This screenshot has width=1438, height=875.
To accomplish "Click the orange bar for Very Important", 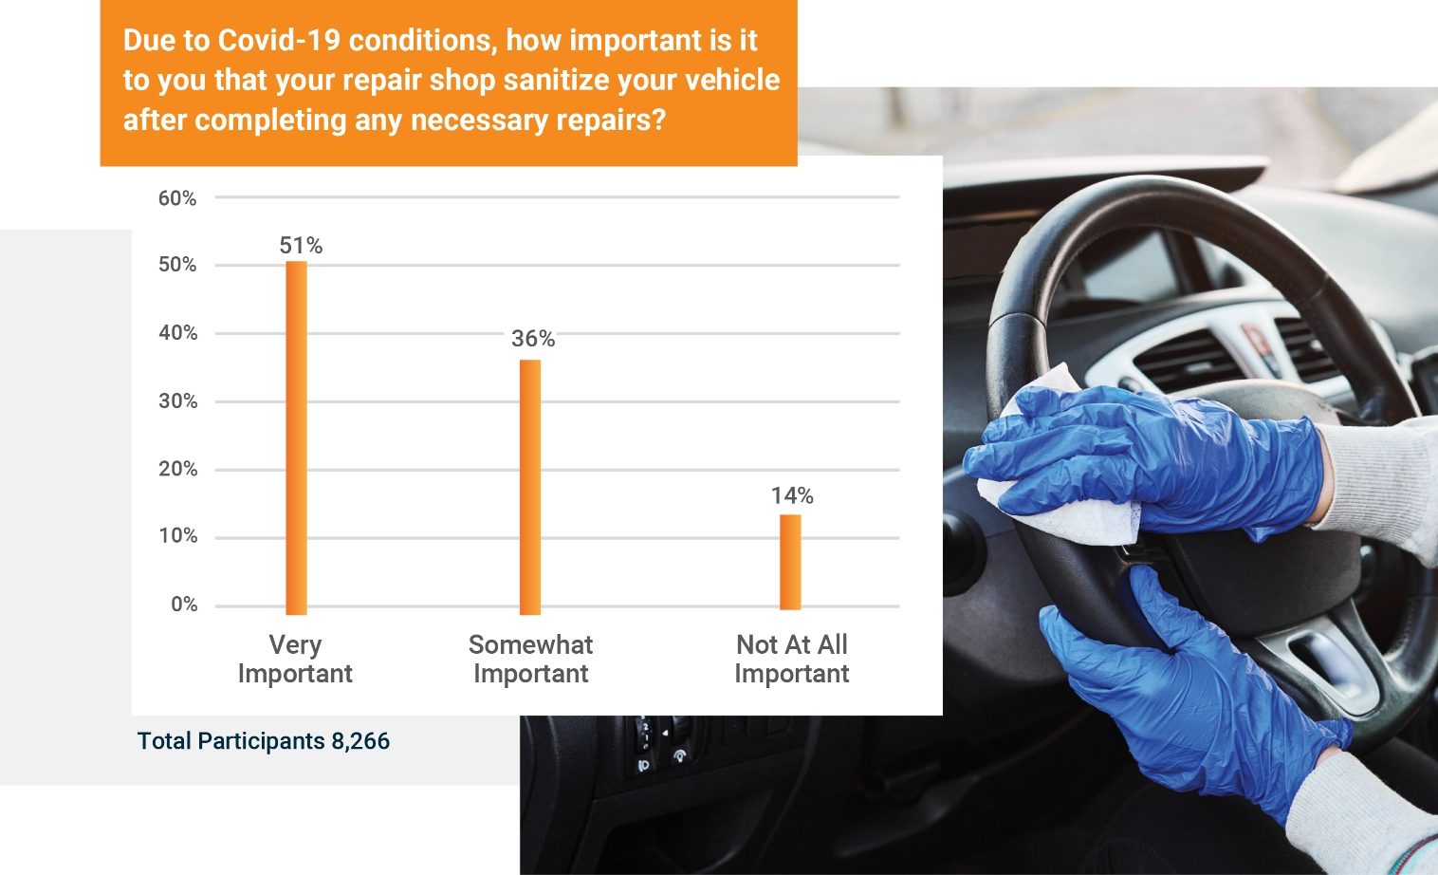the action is [296, 437].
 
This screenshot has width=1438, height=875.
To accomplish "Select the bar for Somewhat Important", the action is [530, 487].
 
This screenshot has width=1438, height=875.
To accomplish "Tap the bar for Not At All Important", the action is [790, 562].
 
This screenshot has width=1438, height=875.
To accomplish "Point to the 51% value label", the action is [301, 246].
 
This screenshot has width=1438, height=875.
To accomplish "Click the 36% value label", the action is [533, 339].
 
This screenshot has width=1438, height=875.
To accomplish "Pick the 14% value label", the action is [792, 495].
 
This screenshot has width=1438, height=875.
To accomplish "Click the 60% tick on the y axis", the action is [177, 198].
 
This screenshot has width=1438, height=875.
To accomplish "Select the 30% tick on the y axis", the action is [177, 401].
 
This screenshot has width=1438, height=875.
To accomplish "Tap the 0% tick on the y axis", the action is [184, 605].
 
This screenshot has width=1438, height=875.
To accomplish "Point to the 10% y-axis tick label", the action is [177, 536].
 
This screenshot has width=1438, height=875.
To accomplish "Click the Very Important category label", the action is [295, 660].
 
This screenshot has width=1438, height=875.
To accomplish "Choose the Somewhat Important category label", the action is [531, 660].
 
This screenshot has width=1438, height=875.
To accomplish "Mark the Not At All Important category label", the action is [791, 660].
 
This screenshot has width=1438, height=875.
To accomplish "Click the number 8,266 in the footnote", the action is [360, 741].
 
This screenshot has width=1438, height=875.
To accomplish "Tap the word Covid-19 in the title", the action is [279, 41].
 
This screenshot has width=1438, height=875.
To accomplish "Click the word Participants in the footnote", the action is [261, 741].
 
